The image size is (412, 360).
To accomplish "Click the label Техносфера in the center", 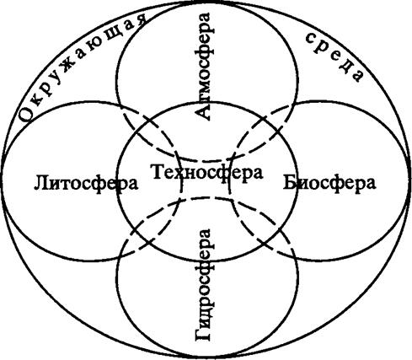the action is (x=207, y=172).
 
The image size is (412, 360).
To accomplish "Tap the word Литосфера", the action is (x=86, y=184).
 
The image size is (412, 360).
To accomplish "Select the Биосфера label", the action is (x=329, y=183).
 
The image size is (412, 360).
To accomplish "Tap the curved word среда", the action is (x=335, y=56).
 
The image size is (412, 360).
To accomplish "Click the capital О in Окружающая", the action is (x=27, y=113).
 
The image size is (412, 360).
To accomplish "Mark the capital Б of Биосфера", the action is (x=290, y=182).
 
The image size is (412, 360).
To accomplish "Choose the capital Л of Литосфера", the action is (x=41, y=183).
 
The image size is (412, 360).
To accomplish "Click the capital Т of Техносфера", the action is (x=158, y=171).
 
